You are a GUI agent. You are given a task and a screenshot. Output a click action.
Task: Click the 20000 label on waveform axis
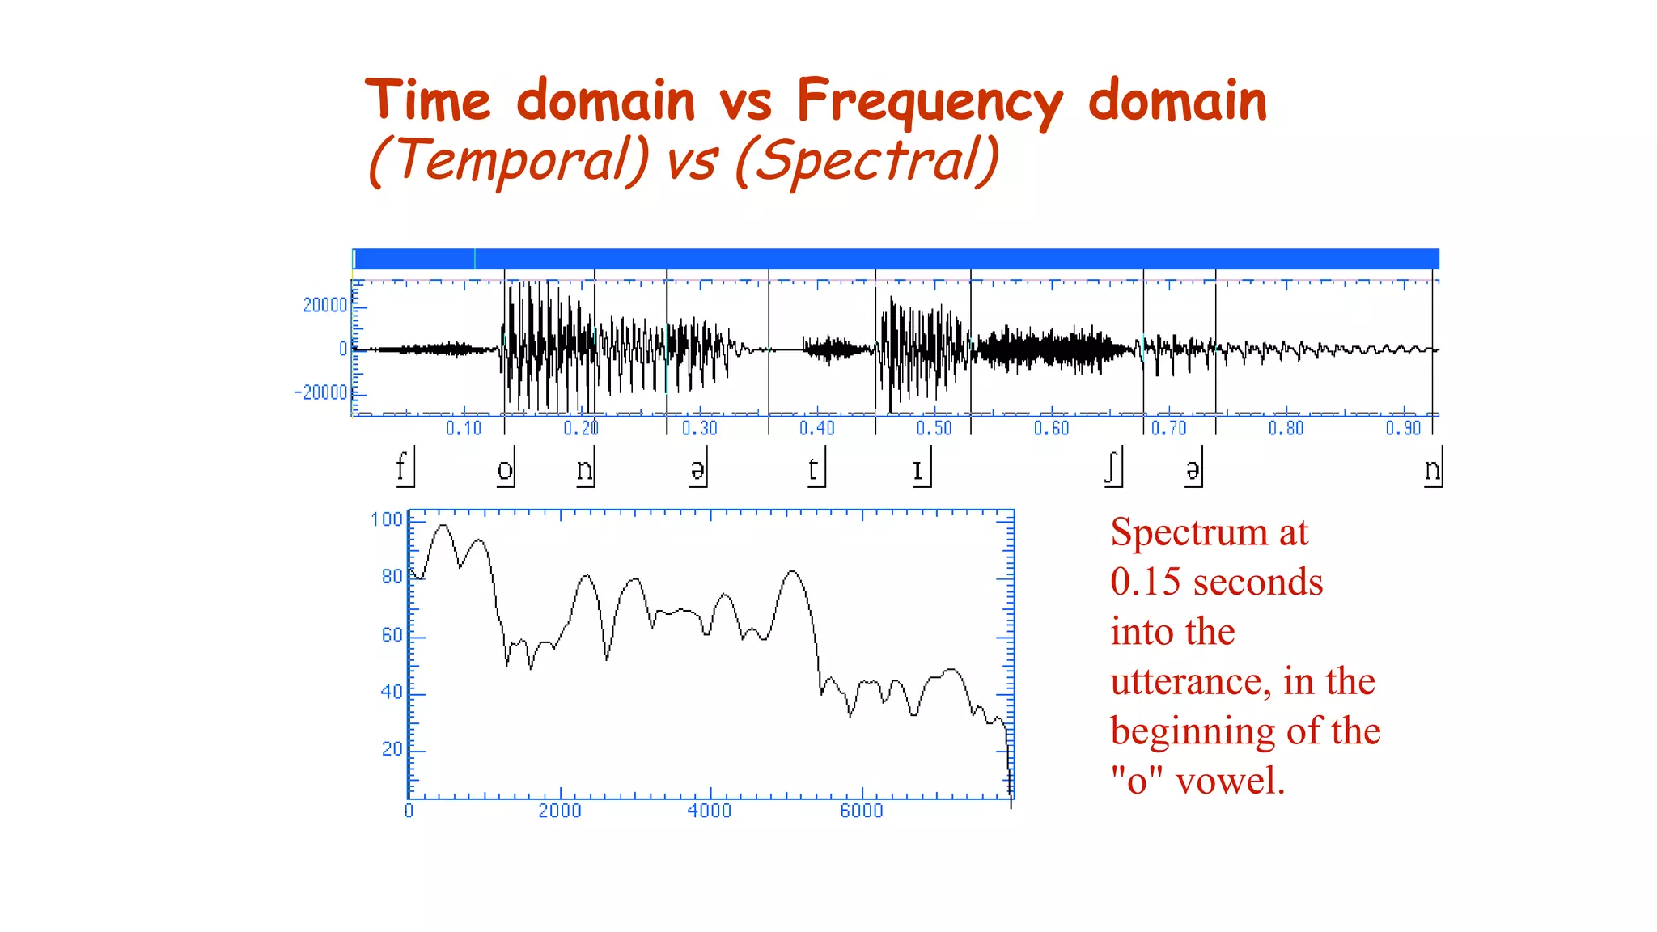(324, 305)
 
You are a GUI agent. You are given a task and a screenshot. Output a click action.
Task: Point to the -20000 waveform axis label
(321, 392)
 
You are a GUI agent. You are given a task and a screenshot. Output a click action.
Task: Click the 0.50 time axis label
(934, 428)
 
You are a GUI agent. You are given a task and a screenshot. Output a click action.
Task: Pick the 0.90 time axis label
(1403, 428)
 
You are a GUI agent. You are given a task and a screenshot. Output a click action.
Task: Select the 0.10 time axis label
(464, 428)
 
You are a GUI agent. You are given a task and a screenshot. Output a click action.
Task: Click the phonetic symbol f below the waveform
(400, 468)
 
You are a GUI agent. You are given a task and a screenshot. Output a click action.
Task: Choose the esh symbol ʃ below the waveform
(1111, 468)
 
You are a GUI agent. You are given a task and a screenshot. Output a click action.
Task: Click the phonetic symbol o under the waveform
(504, 470)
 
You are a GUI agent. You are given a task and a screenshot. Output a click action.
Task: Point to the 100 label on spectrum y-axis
(386, 519)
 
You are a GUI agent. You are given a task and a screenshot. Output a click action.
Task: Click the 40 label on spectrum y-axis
(392, 692)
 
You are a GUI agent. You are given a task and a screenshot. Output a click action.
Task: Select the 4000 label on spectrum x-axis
(710, 811)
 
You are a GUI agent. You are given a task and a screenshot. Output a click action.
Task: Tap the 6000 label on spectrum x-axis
(861, 811)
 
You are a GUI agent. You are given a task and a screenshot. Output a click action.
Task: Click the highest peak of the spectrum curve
(443, 526)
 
